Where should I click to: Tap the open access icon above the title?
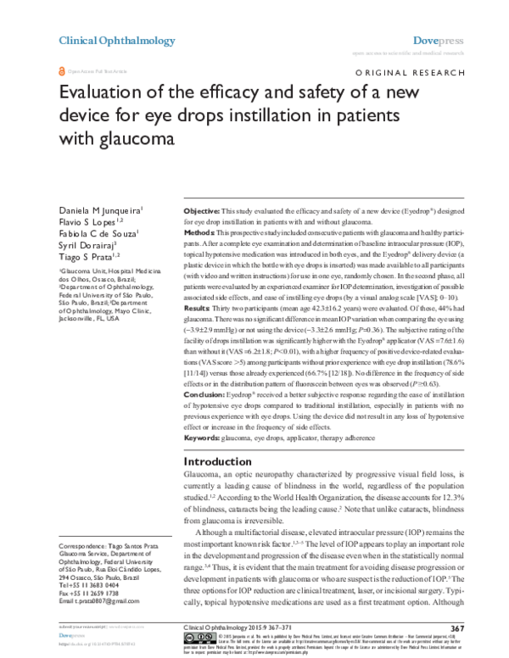pos(60,74)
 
